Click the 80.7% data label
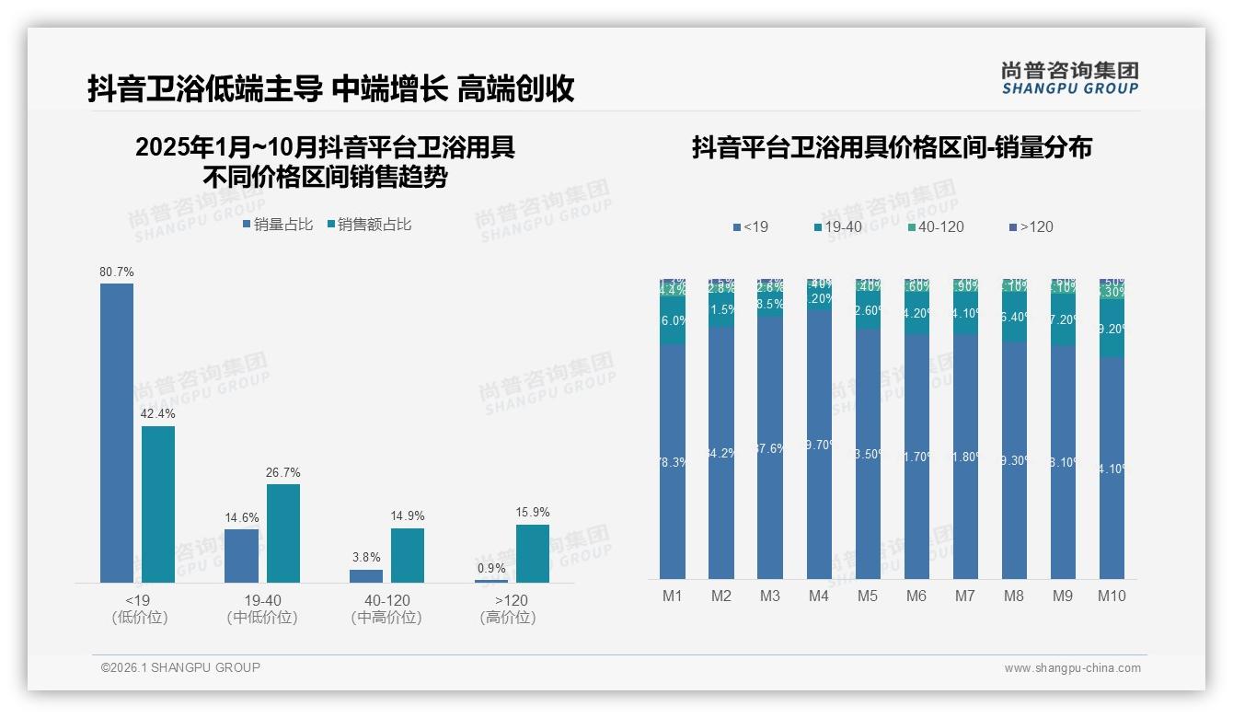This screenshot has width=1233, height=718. click(117, 272)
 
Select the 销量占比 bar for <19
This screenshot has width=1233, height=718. click(117, 433)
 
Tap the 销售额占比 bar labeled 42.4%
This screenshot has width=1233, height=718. click(158, 504)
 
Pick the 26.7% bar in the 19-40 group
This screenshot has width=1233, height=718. click(283, 533)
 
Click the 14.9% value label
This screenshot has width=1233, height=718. click(408, 516)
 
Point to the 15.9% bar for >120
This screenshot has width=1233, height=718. click(533, 553)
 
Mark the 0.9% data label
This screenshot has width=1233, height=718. click(491, 569)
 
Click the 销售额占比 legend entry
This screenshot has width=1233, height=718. click(369, 225)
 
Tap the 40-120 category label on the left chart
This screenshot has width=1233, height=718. click(386, 600)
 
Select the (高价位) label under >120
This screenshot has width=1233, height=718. click(508, 618)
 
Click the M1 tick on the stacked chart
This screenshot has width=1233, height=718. click(673, 596)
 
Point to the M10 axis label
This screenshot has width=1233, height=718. click(1112, 596)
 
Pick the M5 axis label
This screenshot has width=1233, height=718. click(868, 596)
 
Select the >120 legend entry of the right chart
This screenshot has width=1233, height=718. click(1031, 226)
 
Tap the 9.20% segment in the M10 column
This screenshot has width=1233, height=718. click(1112, 329)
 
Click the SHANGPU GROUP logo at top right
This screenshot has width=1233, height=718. click(1070, 78)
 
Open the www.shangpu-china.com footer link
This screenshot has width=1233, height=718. click(1072, 668)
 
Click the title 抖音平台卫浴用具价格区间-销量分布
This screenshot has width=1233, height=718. click(892, 148)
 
